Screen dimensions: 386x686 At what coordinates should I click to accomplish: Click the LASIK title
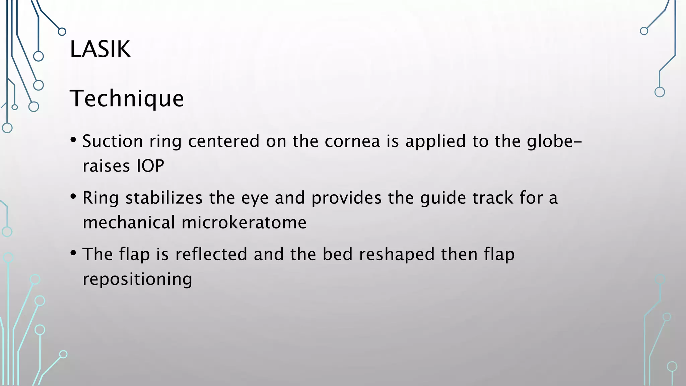[x=100, y=49]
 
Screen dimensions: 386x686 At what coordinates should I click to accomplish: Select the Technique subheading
[x=127, y=99]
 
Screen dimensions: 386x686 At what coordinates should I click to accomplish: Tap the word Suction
[x=113, y=141]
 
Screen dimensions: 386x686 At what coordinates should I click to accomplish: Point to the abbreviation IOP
[x=150, y=166]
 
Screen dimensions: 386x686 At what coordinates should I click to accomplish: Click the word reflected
[x=211, y=254]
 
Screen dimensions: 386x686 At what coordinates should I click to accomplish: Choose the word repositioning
[x=137, y=279]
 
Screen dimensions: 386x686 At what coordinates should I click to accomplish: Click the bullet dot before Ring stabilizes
[x=73, y=197]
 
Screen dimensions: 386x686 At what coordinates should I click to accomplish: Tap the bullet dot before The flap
[x=73, y=253]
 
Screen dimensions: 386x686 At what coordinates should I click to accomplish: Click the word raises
[x=106, y=166]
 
